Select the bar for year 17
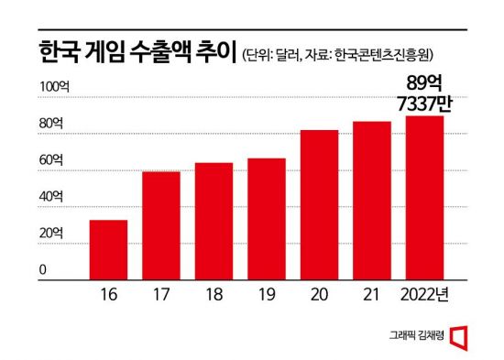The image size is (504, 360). coord(160,224)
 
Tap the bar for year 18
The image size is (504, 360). coord(214,220)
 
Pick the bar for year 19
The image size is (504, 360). coord(267,218)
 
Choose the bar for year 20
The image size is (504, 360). coord(320,204)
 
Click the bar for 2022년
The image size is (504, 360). coord(425,197)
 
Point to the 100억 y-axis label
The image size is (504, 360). coord(53,86)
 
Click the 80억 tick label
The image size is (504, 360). coord(51,123)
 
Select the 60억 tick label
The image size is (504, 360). coord(51,159)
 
